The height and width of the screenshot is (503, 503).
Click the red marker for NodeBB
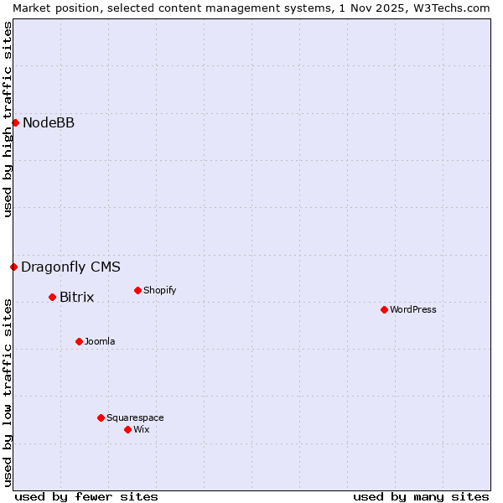coord(15,123)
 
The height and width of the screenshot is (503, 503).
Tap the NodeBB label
coord(49,123)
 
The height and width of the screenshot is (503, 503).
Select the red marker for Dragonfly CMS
coord(13,267)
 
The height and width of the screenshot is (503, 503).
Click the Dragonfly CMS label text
coord(70,267)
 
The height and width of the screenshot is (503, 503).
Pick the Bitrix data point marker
coord(52,298)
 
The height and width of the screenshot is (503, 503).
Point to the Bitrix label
coord(76,298)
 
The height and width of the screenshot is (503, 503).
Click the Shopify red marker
coord(137,291)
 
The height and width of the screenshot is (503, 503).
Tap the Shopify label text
coord(159,291)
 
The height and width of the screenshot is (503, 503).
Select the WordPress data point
coord(384,310)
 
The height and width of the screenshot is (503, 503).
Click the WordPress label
coord(412,310)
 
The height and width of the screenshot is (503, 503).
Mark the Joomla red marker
coord(79,342)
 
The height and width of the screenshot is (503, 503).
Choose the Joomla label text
coord(100,342)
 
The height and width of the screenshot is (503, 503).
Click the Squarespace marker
coord(101,418)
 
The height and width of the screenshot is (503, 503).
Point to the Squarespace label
coord(135,418)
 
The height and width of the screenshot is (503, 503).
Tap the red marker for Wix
coord(127,430)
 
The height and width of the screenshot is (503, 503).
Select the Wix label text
coord(141,430)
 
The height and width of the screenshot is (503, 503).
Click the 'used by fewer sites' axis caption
coord(86,496)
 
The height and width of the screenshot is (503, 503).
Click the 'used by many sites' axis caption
coord(421,496)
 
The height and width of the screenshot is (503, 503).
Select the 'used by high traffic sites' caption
coord(8,119)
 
